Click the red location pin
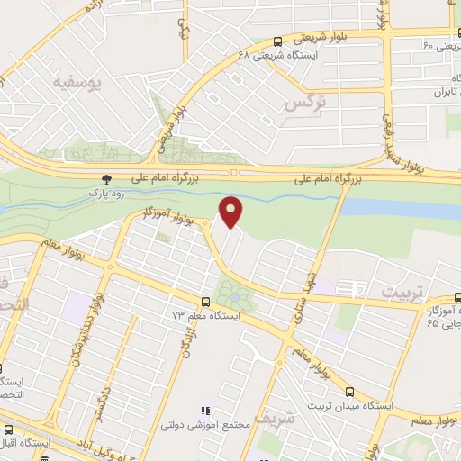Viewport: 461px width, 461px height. pos(231,212)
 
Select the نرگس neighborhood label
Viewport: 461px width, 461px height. pos(303,104)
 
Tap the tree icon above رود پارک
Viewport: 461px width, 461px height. pos(107,179)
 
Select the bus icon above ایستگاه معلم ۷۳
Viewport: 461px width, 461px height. pos(206,303)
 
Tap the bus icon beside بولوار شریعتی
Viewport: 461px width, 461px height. pos(276,41)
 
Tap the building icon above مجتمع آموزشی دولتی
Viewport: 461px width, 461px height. pos(205,411)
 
